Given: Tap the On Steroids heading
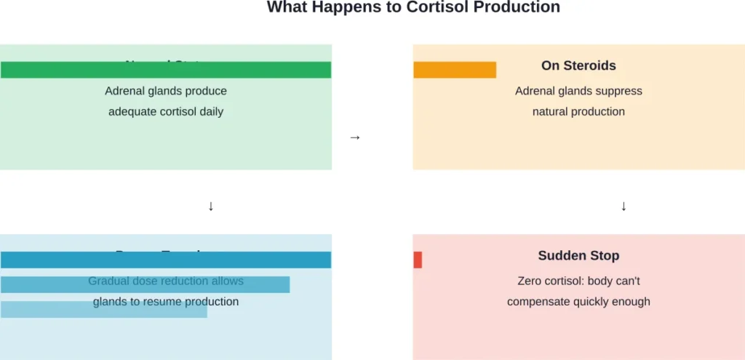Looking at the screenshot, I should coord(578,65).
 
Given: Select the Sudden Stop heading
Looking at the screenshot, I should coord(578,255).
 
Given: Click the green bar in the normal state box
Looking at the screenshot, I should coord(166,70).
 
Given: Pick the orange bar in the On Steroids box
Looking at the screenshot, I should coord(455,70).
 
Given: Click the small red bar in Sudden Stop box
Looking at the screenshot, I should coord(418,260).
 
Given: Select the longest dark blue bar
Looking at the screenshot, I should coord(166,260).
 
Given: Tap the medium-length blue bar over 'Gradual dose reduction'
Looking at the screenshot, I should coord(145,284).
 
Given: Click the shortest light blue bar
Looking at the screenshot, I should coord(104,310).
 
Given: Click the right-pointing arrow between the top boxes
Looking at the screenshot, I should coord(355,137).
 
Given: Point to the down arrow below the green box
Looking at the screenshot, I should coord(211,207).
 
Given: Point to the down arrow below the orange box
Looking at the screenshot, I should coord(624,207).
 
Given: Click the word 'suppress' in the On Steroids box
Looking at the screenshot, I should coord(619,91).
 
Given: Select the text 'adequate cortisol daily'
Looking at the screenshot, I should coord(166,112).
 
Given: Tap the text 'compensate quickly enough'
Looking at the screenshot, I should coord(578,302).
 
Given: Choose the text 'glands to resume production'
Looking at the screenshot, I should coord(166,302).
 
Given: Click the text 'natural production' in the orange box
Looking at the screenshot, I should coord(578,112).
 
